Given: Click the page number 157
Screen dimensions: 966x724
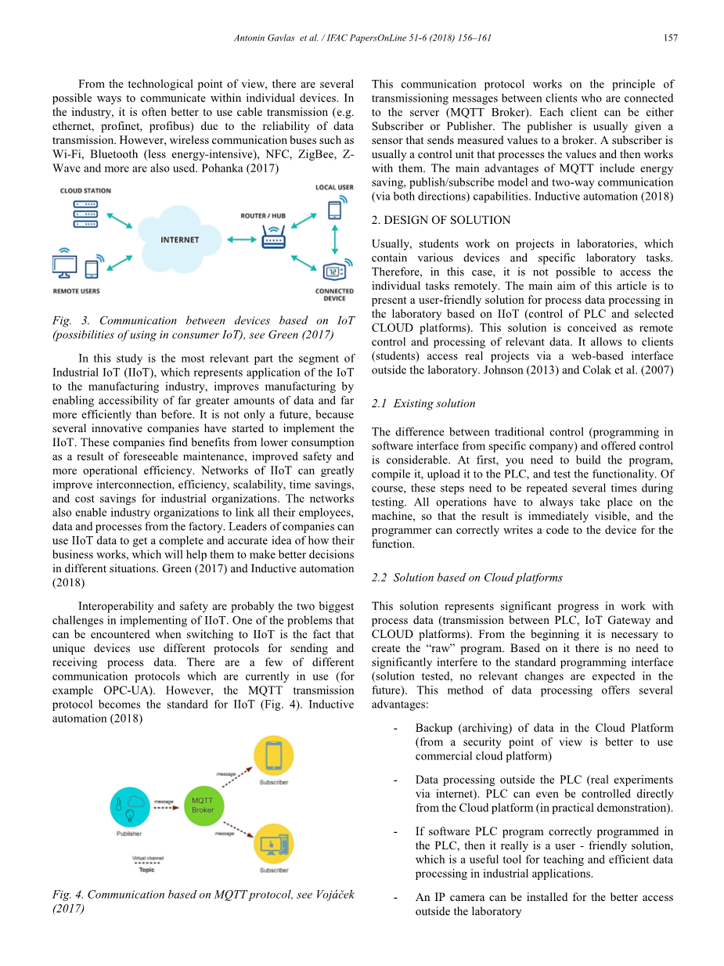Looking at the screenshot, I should [669, 38].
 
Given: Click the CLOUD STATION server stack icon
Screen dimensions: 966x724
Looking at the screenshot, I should [85, 214].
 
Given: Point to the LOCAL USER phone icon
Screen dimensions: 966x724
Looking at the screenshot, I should [335, 210].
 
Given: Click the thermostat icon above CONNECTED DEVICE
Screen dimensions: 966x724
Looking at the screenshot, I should [334, 272].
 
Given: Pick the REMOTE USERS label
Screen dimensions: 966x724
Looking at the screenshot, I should [76, 291].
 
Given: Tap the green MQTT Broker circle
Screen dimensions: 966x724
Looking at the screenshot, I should [203, 805].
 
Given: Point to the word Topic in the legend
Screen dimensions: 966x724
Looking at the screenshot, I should [146, 869].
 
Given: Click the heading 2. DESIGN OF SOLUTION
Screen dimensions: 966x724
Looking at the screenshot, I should [441, 220].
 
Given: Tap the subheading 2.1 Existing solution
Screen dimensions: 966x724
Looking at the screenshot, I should [423, 404].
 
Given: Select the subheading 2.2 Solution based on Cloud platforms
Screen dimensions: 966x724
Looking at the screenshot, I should [467, 578].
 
